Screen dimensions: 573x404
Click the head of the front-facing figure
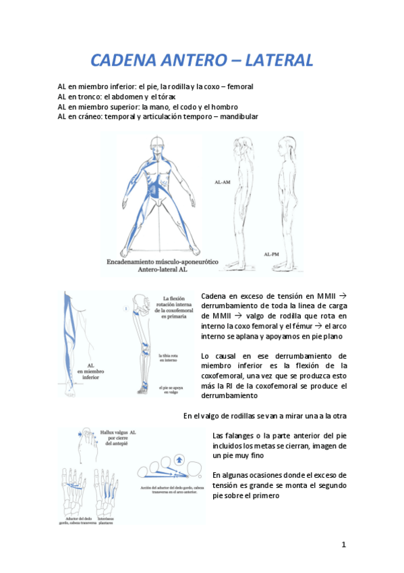tap(158, 144)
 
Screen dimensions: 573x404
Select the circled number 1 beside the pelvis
tap(125, 309)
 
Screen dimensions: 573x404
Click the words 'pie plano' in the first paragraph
tap(331, 336)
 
